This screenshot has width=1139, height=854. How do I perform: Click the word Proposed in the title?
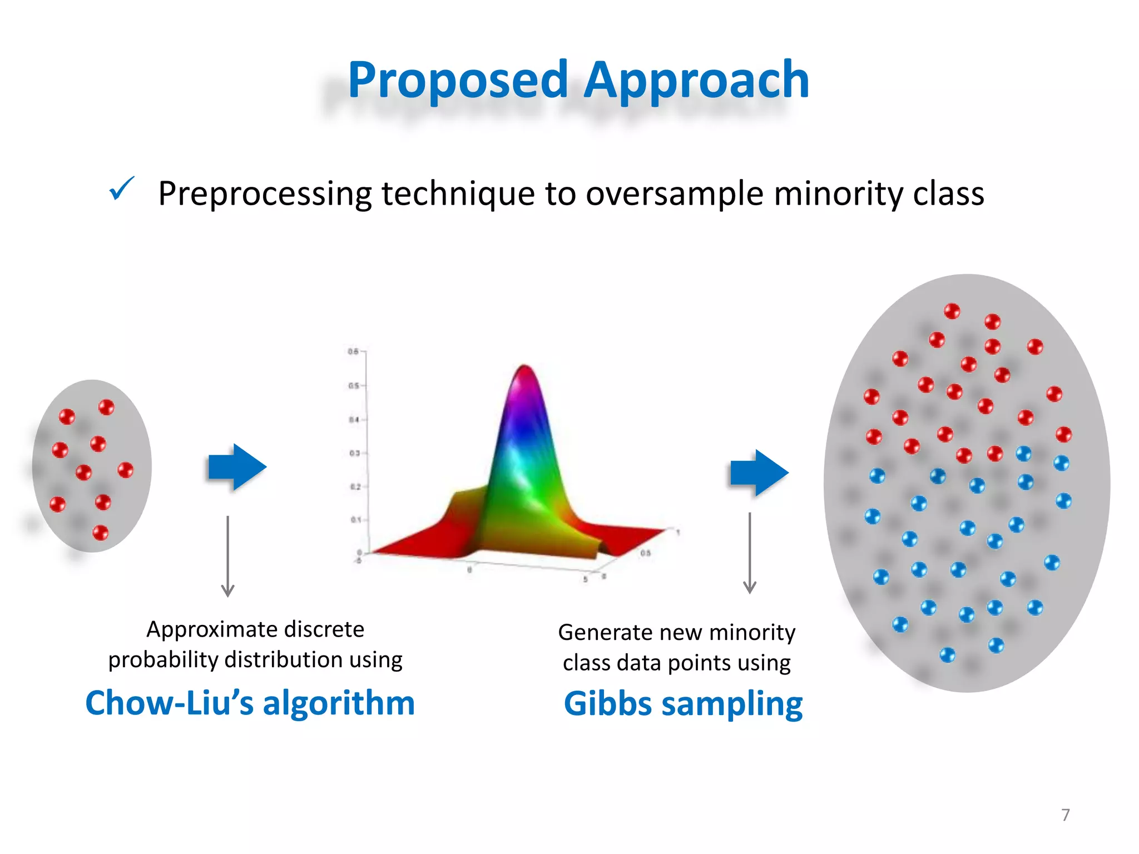click(458, 81)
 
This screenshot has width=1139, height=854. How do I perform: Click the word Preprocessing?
click(265, 194)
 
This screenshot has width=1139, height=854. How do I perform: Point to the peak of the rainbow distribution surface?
click(524, 368)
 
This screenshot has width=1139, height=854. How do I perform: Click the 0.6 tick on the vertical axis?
click(354, 351)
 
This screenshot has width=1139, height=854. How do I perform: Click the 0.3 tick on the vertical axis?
click(354, 453)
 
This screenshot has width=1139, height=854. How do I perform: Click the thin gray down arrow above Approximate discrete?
click(227, 556)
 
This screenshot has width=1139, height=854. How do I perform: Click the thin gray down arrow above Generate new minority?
click(750, 553)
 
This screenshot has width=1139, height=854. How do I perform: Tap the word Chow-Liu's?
click(169, 703)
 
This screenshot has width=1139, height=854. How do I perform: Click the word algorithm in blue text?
click(339, 703)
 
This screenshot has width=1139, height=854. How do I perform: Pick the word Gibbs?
click(607, 704)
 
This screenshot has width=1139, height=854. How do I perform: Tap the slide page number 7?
click(1065, 815)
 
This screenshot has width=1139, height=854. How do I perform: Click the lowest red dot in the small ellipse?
click(100, 533)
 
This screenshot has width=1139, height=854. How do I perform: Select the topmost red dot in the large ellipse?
click(952, 311)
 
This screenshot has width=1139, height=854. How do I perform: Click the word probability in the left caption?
click(164, 660)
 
